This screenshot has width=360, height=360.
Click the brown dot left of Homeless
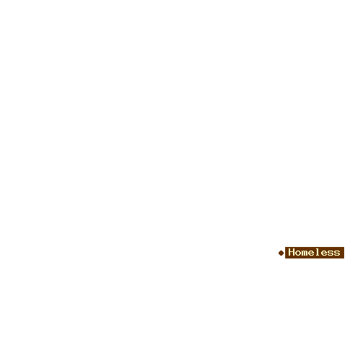[x=281, y=253]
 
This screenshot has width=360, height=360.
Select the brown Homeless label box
[x=315, y=253]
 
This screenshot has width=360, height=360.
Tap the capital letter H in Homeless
[x=292, y=252]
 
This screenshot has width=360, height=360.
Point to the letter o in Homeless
[x=298, y=253]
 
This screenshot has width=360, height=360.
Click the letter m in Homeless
[x=305, y=253]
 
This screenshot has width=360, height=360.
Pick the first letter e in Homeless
[x=311, y=253]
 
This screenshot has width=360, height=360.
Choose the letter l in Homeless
[x=318, y=252]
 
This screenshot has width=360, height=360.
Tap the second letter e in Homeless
[x=324, y=253]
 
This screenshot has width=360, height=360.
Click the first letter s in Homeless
[x=330, y=253]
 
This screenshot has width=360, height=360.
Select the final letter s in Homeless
[x=337, y=253]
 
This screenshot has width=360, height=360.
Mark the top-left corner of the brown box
[x=285, y=247]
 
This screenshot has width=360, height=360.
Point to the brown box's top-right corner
[x=344, y=247]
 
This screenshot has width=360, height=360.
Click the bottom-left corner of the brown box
[x=285, y=258]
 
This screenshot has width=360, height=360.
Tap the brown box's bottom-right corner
[x=344, y=258]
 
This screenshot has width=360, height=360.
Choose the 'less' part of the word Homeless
[x=328, y=252]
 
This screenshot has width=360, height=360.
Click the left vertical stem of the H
[x=289, y=252]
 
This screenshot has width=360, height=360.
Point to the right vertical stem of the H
[x=294, y=252]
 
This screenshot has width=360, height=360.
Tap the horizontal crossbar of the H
[x=292, y=252]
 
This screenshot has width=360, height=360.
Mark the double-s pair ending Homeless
[x=334, y=253]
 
